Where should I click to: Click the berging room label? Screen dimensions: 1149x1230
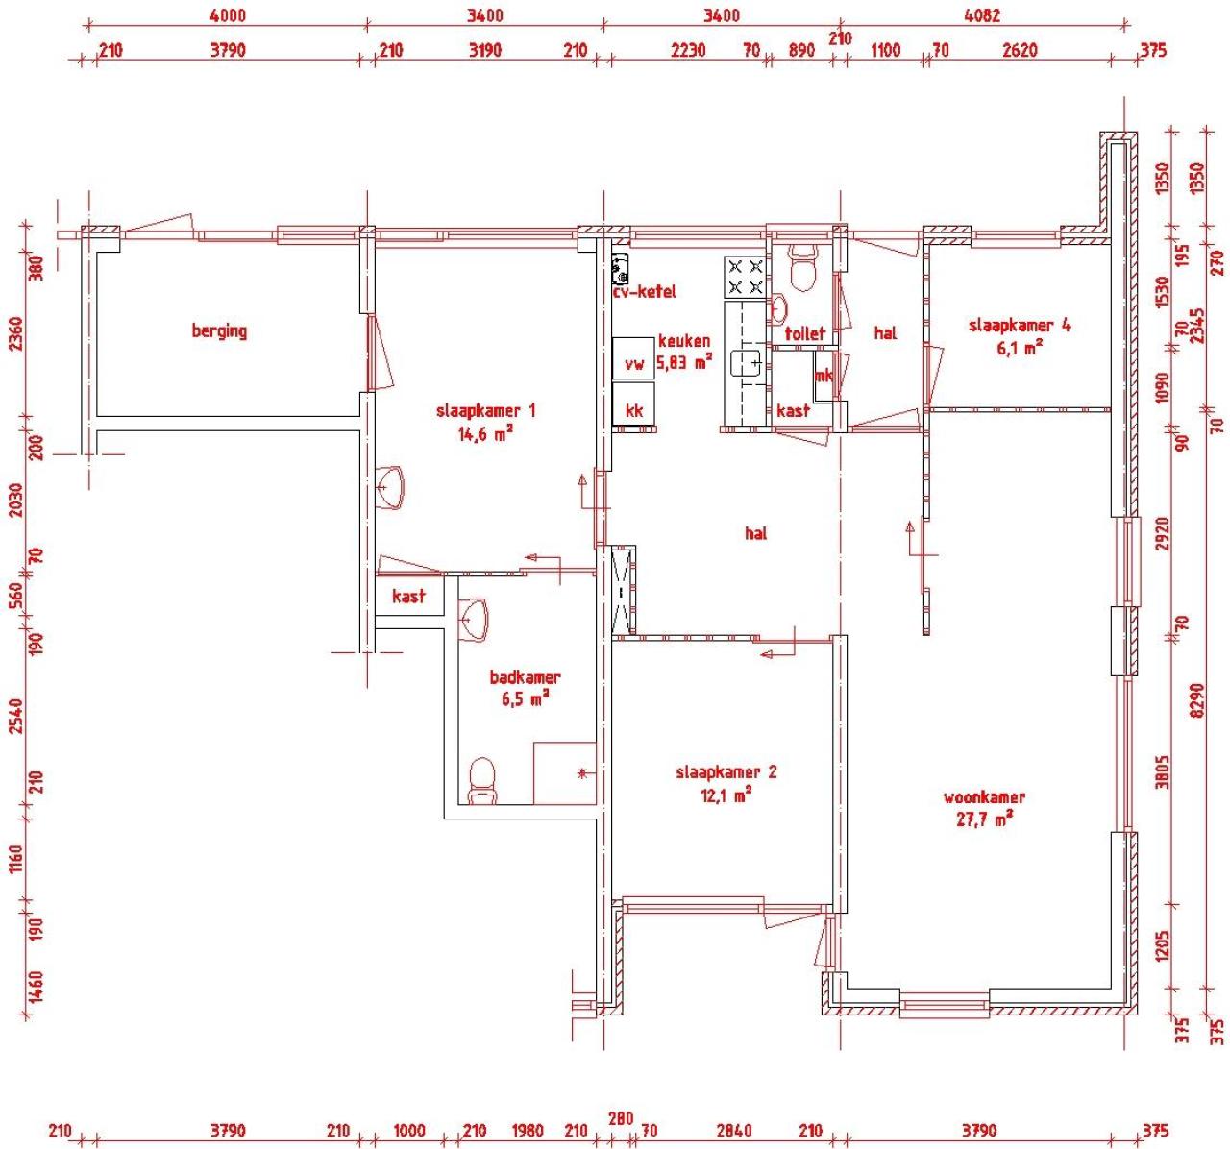coord(219,331)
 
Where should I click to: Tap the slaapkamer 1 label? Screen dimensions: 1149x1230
coord(485,411)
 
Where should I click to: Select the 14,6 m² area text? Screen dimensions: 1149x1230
coord(485,433)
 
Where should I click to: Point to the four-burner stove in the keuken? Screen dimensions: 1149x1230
coord(746,277)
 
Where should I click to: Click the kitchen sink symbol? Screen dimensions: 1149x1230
coord(747,363)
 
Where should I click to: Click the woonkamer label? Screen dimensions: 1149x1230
coord(984,797)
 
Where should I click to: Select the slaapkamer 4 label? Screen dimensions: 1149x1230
coord(1020,326)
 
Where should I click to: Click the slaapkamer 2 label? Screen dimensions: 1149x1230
coord(726,772)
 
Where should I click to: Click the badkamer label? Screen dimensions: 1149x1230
coord(525,677)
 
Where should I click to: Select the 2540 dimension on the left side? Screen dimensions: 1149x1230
coord(15,716)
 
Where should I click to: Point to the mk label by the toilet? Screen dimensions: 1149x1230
coord(824,376)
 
